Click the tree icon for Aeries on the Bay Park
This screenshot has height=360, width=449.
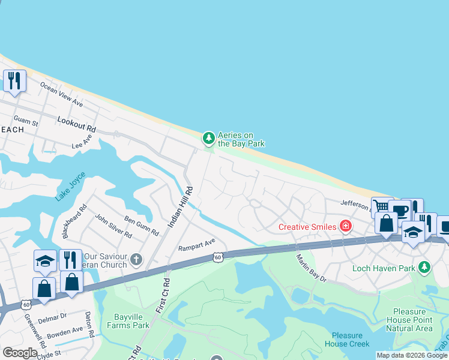coord(208,139)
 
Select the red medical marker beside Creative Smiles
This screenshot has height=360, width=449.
coord(345,226)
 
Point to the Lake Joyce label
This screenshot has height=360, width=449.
coord(70,187)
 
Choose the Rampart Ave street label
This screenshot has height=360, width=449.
coord(196,245)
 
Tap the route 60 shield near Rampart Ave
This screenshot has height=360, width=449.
coord(218,257)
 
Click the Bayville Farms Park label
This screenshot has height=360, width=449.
coord(131,321)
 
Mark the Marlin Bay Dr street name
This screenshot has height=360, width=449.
coord(311,268)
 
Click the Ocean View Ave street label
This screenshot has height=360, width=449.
coord(61,94)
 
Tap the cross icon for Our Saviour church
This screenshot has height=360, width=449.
coord(136,260)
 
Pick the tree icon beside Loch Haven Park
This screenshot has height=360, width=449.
coord(424,266)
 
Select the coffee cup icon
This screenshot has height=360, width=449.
coord(399,211)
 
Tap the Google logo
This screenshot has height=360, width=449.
coord(20,353)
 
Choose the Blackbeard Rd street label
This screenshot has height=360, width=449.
coord(79,220)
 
